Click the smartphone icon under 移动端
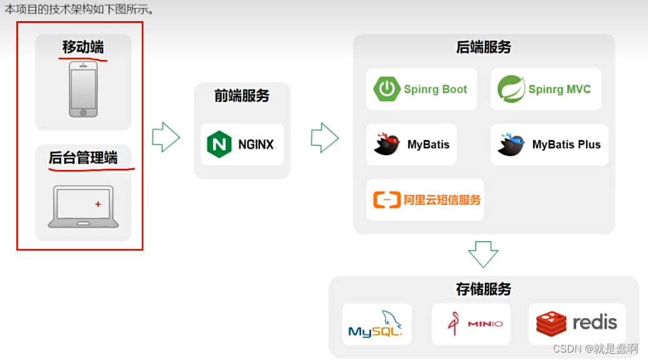pos(83,88)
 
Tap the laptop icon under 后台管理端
pos(83,206)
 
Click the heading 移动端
pos(83,47)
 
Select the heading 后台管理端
pos(83,157)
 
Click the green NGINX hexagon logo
pos(219,144)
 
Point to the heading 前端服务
pos(242,96)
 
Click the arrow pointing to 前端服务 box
pos(166,137)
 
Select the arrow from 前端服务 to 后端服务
pos(324,137)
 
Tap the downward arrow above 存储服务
pos(483,254)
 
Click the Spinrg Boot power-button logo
pos(387,89)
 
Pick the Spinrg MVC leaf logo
pos(511,89)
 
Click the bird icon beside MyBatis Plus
pos(511,144)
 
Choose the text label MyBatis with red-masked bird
pos(428,144)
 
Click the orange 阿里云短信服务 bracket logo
pos(386,200)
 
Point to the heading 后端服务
pos(484,47)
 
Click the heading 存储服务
pos(484,289)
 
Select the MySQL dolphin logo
pos(376,324)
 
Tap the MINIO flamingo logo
pos(454,323)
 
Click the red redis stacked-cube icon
pos(551,323)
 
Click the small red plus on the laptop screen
pos(98,204)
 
